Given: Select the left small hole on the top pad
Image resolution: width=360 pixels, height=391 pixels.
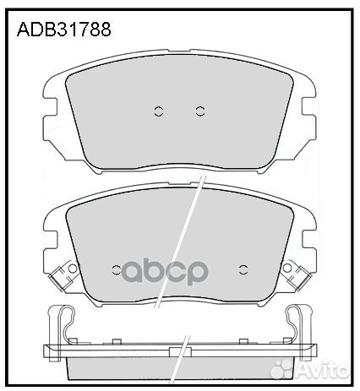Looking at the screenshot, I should tap(158, 110).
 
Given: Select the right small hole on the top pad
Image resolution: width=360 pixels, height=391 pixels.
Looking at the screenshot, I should tap(200, 110).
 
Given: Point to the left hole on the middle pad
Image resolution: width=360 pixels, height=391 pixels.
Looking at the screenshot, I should tap(117, 270).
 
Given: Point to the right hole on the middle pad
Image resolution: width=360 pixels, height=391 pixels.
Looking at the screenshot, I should tap(243, 270).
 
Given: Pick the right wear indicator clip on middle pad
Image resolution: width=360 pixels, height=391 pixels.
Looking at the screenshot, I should tap(297, 275).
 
